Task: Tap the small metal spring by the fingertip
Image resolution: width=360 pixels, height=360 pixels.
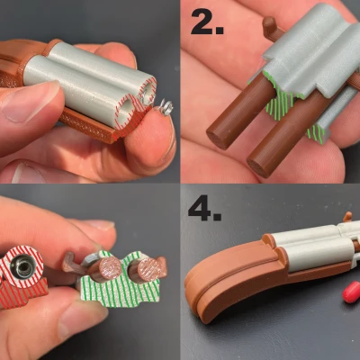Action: pyautogui.click(x=164, y=109)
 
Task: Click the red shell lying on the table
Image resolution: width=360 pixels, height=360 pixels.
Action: pyautogui.click(x=351, y=292)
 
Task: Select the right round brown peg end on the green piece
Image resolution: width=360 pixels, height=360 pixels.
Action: pyautogui.click(x=148, y=268)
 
